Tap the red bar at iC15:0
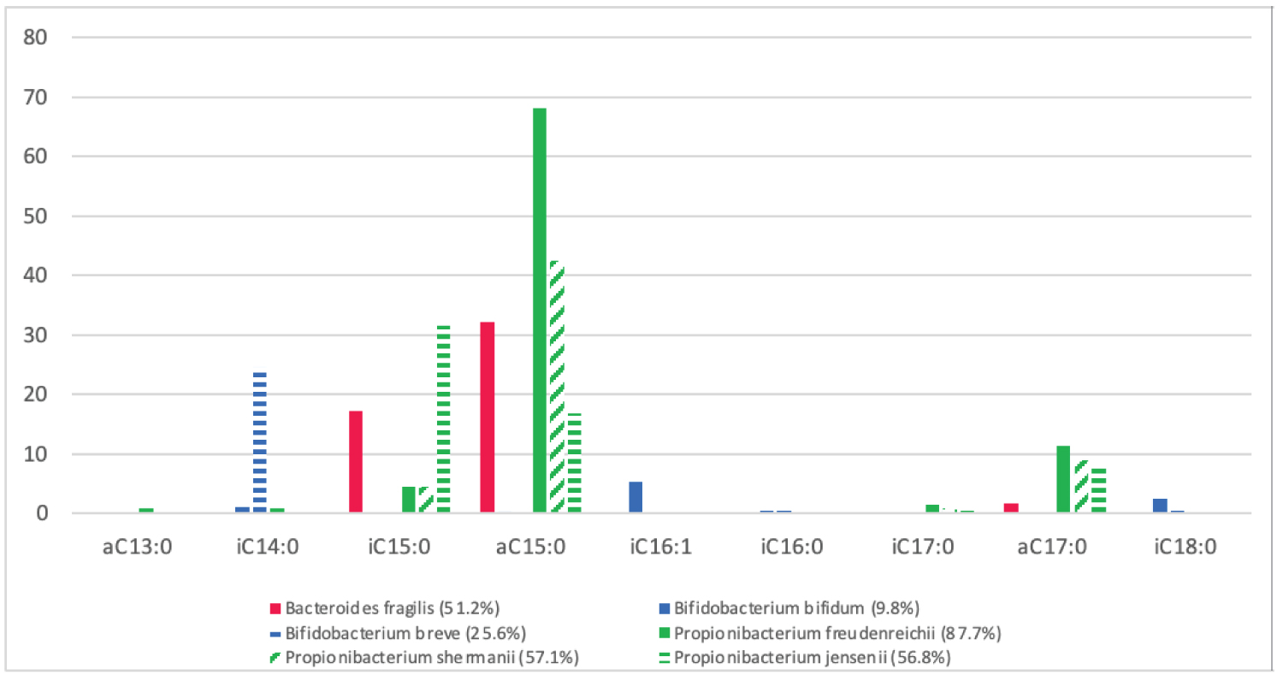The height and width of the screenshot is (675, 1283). click(x=356, y=462)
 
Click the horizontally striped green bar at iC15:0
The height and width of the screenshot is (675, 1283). click(x=443, y=419)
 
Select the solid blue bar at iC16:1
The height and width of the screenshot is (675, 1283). click(x=636, y=497)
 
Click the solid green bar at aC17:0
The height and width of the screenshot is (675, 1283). click(x=1063, y=479)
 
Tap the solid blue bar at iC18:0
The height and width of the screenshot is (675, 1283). click(x=1160, y=506)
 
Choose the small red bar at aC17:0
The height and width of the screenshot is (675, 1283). click(x=1011, y=508)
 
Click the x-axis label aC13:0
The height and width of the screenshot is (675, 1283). click(x=138, y=548)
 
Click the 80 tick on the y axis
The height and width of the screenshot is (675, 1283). click(x=39, y=38)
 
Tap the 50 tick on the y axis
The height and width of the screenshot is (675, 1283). click(x=39, y=216)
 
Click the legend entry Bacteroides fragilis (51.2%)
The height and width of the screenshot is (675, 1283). click(x=392, y=608)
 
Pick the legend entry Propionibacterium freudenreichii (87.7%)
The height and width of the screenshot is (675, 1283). click(x=837, y=633)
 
